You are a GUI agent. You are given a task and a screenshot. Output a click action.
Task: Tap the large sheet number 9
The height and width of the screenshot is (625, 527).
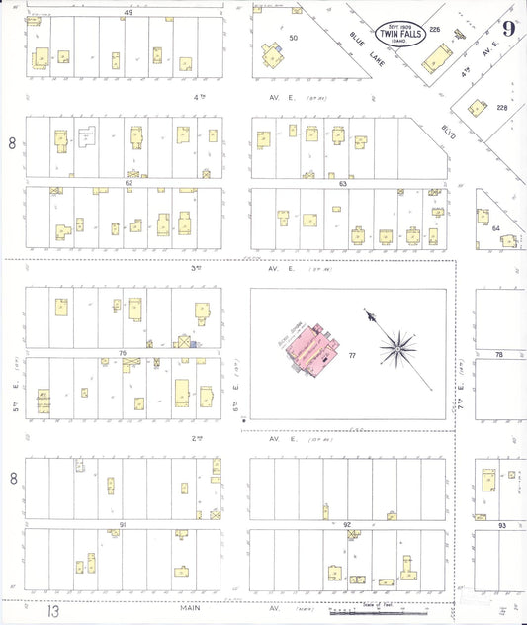point(508,28)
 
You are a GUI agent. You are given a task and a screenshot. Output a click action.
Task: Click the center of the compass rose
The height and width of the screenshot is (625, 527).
point(399,346)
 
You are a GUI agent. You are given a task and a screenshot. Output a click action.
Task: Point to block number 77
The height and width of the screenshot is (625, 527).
point(351,354)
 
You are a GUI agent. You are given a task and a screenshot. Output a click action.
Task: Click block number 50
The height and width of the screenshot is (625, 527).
point(293,38)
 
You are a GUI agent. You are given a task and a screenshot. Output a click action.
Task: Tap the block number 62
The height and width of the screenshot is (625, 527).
point(128,183)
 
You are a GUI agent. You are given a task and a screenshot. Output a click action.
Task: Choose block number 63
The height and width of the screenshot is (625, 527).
point(342,183)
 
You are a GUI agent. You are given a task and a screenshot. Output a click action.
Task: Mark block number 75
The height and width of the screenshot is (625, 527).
point(123,353)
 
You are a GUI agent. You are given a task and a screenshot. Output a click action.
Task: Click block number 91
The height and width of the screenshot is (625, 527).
point(123,524)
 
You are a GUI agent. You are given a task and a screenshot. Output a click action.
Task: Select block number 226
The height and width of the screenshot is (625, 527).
point(434,30)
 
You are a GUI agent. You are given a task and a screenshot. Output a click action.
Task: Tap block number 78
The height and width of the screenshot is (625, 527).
point(499,354)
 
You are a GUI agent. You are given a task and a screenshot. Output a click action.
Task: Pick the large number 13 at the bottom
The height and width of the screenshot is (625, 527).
point(53,612)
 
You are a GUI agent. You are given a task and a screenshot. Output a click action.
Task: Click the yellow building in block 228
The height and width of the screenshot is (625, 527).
point(477,108)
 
